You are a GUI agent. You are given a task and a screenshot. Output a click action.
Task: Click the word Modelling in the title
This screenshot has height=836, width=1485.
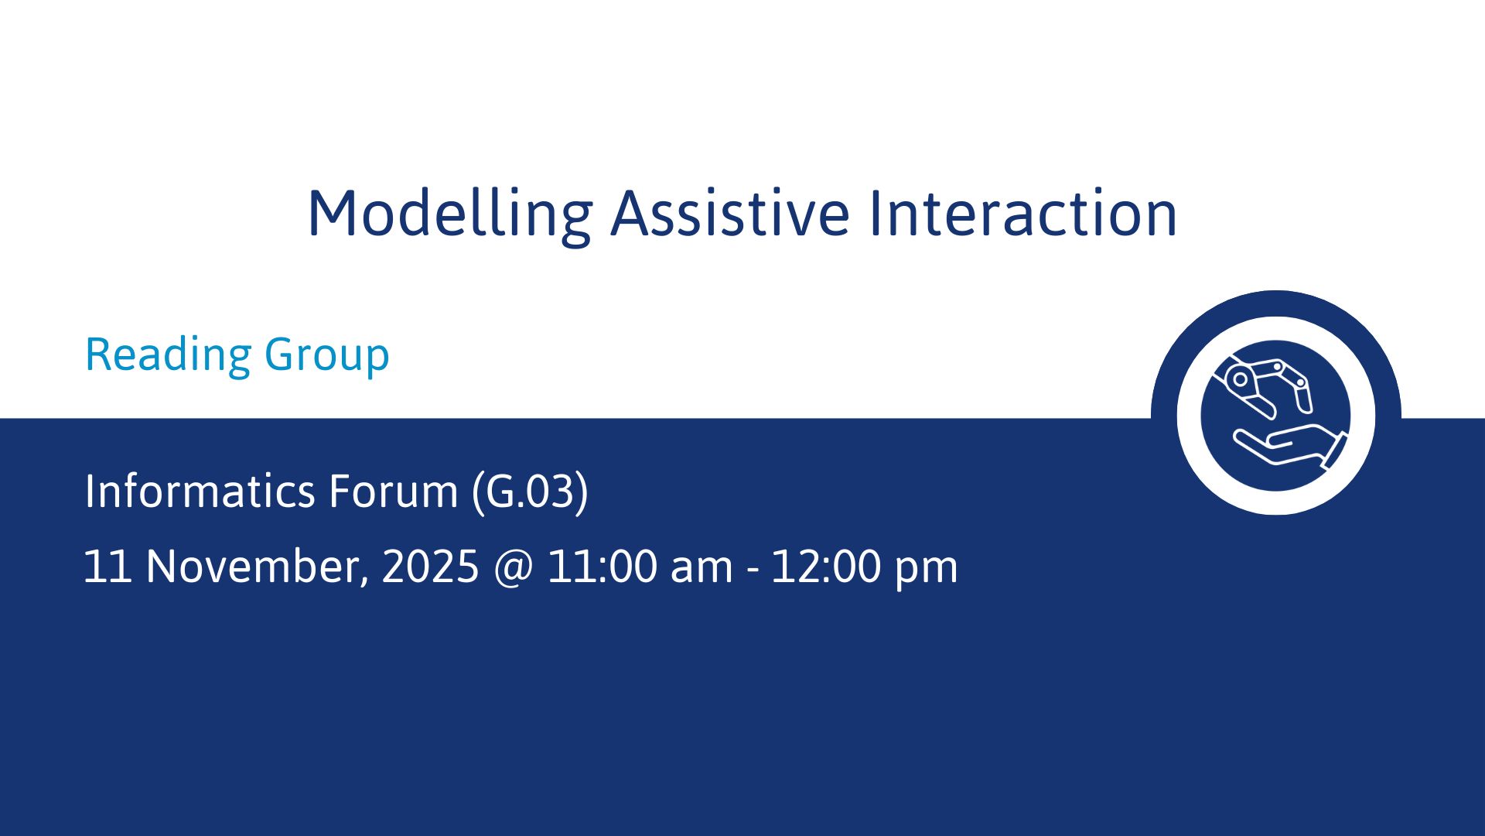click(x=450, y=214)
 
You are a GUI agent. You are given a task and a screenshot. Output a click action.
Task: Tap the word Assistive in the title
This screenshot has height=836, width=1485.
click(x=731, y=213)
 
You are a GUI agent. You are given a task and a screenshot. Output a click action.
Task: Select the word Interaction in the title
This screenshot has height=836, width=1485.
click(x=1022, y=213)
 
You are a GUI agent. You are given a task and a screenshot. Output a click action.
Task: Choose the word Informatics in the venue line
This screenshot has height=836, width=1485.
click(x=200, y=491)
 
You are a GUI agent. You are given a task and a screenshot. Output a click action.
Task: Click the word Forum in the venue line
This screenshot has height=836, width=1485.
click(x=394, y=492)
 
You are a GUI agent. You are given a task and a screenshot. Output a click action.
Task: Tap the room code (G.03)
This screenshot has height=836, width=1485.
click(x=530, y=492)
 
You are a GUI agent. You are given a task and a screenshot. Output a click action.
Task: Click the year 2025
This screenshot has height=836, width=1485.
click(x=431, y=567)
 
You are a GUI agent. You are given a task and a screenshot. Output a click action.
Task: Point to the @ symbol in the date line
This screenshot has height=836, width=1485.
click(x=513, y=568)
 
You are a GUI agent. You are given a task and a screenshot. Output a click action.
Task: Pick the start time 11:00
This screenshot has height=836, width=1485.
click(x=601, y=567)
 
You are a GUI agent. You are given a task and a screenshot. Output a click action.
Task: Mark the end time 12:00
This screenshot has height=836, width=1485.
click(x=826, y=567)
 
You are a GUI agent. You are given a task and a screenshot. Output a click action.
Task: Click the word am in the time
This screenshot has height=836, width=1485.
click(x=702, y=571)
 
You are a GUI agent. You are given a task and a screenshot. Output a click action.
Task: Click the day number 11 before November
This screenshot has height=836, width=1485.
click(x=108, y=567)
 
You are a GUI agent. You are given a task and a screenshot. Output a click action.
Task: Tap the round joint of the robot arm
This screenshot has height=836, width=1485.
click(x=1241, y=379)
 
